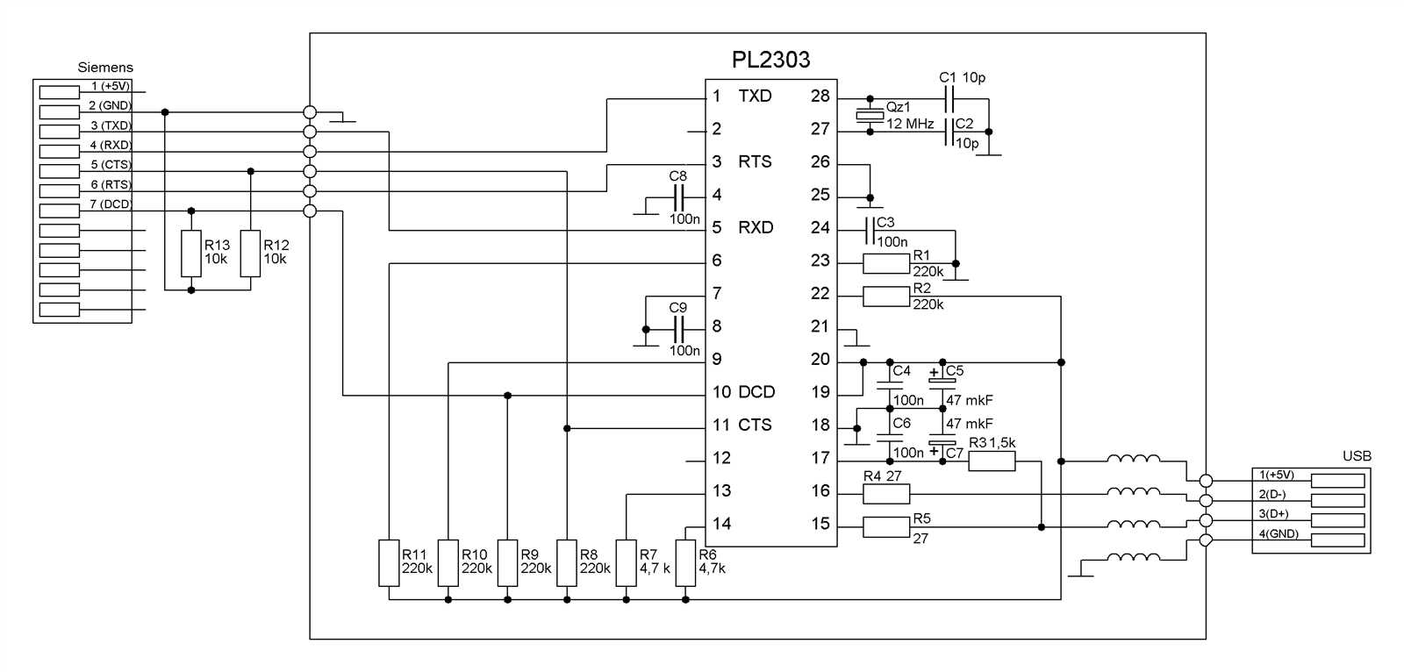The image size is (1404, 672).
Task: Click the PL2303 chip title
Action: [770, 60]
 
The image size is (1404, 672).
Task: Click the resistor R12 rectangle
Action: [251, 254]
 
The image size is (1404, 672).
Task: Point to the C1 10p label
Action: [962, 77]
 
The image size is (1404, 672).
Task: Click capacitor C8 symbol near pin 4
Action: [677, 195]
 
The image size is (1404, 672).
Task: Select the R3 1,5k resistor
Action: [992, 461]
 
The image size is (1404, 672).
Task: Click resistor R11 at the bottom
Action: [389, 563]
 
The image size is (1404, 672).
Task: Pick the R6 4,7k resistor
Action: [685, 563]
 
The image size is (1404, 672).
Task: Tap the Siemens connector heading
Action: [105, 67]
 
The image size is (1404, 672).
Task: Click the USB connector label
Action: [1357, 456]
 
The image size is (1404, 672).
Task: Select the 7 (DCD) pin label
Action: [111, 204]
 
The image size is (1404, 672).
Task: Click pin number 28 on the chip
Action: [820, 96]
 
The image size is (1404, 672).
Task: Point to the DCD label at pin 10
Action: [756, 392]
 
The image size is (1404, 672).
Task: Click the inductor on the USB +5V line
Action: [1133, 459]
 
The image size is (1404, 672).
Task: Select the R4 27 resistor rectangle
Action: [885, 494]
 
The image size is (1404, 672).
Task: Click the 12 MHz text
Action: [909, 125]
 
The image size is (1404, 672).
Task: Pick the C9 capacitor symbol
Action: [677, 329]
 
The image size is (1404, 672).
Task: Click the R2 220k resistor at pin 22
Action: [885, 297]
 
